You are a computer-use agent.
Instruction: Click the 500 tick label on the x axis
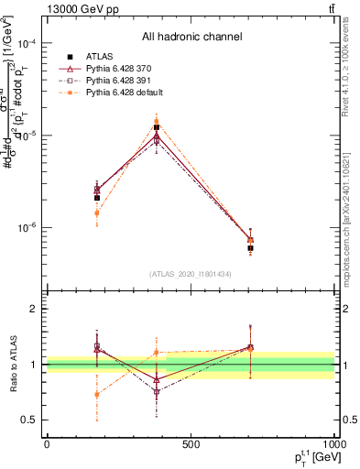191,444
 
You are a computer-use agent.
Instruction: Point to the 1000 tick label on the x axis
332,444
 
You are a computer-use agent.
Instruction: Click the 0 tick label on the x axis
47,444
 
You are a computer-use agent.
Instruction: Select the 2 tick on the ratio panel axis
35,310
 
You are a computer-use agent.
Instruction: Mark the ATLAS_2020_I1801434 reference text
191,274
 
